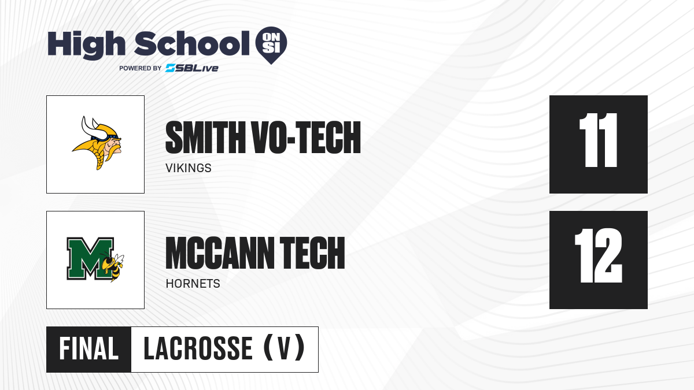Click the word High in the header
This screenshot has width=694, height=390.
(x=87, y=45)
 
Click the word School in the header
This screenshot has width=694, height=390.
(x=192, y=44)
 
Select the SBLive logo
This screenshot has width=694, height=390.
(x=192, y=68)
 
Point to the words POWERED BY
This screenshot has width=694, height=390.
(x=141, y=68)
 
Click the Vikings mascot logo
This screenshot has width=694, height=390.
(x=97, y=143)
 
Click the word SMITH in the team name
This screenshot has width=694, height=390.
(x=205, y=138)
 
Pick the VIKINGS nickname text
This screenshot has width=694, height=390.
(x=189, y=168)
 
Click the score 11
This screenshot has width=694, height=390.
(x=598, y=140)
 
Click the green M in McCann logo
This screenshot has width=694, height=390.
(x=90, y=259)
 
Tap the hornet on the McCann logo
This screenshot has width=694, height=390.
(x=112, y=266)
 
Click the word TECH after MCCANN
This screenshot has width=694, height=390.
(x=312, y=253)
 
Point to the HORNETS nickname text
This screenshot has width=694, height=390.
(x=193, y=284)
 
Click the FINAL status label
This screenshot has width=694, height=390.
(x=89, y=349)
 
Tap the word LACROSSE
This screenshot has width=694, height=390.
(x=198, y=349)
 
